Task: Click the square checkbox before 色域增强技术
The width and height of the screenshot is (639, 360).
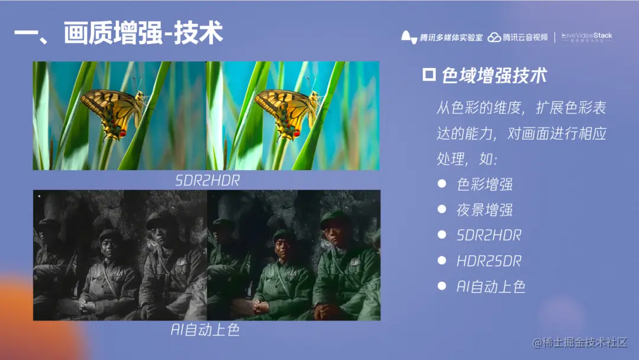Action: click(429, 75)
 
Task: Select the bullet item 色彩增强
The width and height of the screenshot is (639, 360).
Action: click(485, 184)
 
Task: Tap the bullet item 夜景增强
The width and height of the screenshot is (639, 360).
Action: click(485, 210)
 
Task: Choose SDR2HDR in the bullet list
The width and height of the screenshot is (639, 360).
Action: click(489, 235)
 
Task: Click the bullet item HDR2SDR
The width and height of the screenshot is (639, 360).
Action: click(489, 261)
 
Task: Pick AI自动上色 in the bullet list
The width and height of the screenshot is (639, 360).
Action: click(491, 287)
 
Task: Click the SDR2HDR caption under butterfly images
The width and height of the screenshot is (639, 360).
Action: click(208, 181)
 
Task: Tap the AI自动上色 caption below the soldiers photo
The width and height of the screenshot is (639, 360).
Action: click(205, 330)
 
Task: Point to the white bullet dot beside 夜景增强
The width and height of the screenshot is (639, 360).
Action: click(441, 209)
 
